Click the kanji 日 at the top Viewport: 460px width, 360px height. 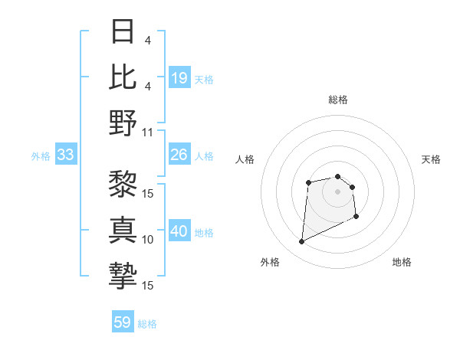tap(123, 32)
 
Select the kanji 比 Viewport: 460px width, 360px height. tap(123, 77)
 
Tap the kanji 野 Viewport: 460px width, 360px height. tap(123, 123)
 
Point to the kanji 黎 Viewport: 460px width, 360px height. tap(123, 184)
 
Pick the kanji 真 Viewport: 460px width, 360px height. tap(123, 230)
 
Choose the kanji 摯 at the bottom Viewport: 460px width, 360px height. tap(123, 276)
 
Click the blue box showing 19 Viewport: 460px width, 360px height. tap(179, 78)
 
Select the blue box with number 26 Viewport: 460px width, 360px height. tap(179, 155)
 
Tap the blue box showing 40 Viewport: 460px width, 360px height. tap(179, 232)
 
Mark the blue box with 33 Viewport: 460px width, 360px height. tap(65, 155)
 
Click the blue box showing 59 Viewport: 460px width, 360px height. tap(123, 322)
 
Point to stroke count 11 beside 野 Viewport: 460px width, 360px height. tap(148, 132)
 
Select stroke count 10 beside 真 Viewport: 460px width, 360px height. tap(148, 239)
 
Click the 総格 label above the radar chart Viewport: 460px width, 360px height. tap(338, 100)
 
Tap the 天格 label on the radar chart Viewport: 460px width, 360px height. tap(432, 159)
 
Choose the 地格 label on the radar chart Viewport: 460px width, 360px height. tap(402, 262)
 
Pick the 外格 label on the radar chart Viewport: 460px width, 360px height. tap(270, 262)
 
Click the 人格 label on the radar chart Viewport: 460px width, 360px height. tap(245, 159)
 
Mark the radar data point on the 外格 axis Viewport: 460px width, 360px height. tap(301, 242)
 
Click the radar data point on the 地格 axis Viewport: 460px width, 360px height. tap(356, 217)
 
